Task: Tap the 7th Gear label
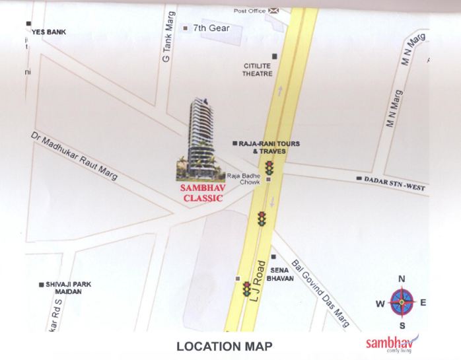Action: coord(211,28)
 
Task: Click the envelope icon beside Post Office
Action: coord(275,11)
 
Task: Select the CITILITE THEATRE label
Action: coord(258,70)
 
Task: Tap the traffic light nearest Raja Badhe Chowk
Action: coord(269,168)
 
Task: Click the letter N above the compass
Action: coord(402,279)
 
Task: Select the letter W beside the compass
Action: coord(380,304)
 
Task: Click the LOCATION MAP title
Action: coord(224,346)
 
